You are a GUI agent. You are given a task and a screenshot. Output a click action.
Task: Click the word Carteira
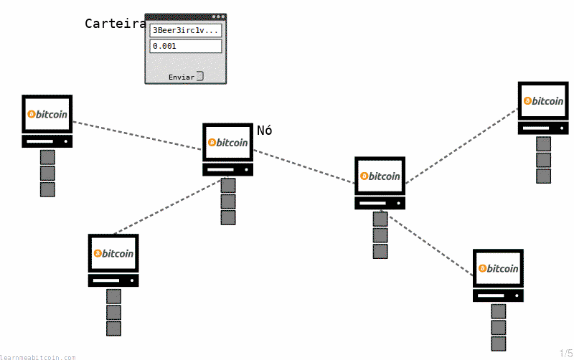coord(116,24)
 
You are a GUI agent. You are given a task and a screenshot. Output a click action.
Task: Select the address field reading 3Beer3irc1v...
coord(186,30)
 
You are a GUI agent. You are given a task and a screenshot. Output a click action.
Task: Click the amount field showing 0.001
coord(186,46)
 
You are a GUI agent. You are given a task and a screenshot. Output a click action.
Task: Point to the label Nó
coord(264,131)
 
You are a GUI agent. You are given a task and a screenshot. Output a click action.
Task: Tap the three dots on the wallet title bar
coord(219,16)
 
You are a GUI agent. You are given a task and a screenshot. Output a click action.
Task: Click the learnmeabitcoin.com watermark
coord(38,357)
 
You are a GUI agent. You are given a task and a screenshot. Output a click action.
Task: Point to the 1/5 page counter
coord(566,354)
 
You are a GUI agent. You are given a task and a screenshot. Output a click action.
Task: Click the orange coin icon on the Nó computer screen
coord(212,142)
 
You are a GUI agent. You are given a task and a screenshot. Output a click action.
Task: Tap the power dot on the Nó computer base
coord(246,170)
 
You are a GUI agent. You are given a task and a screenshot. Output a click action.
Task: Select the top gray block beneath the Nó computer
coord(228,186)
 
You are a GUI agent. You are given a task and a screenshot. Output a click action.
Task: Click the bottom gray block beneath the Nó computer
coord(228,218)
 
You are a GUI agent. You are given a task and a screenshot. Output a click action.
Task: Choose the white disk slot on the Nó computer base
coord(220,170)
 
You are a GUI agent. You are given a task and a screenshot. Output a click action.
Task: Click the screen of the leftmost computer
coord(47,114)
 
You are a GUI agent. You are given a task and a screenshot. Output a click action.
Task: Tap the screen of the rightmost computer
coord(543,101)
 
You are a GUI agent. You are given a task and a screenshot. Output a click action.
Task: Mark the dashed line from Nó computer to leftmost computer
coord(137,136)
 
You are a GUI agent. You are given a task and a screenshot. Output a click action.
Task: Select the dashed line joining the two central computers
coord(304,166)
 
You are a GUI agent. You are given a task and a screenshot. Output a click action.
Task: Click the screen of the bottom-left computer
coord(113,254)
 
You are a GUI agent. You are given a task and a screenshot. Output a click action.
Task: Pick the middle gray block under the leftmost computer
coord(47,174)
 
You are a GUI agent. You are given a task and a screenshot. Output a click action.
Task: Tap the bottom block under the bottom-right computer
coord(499,344)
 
